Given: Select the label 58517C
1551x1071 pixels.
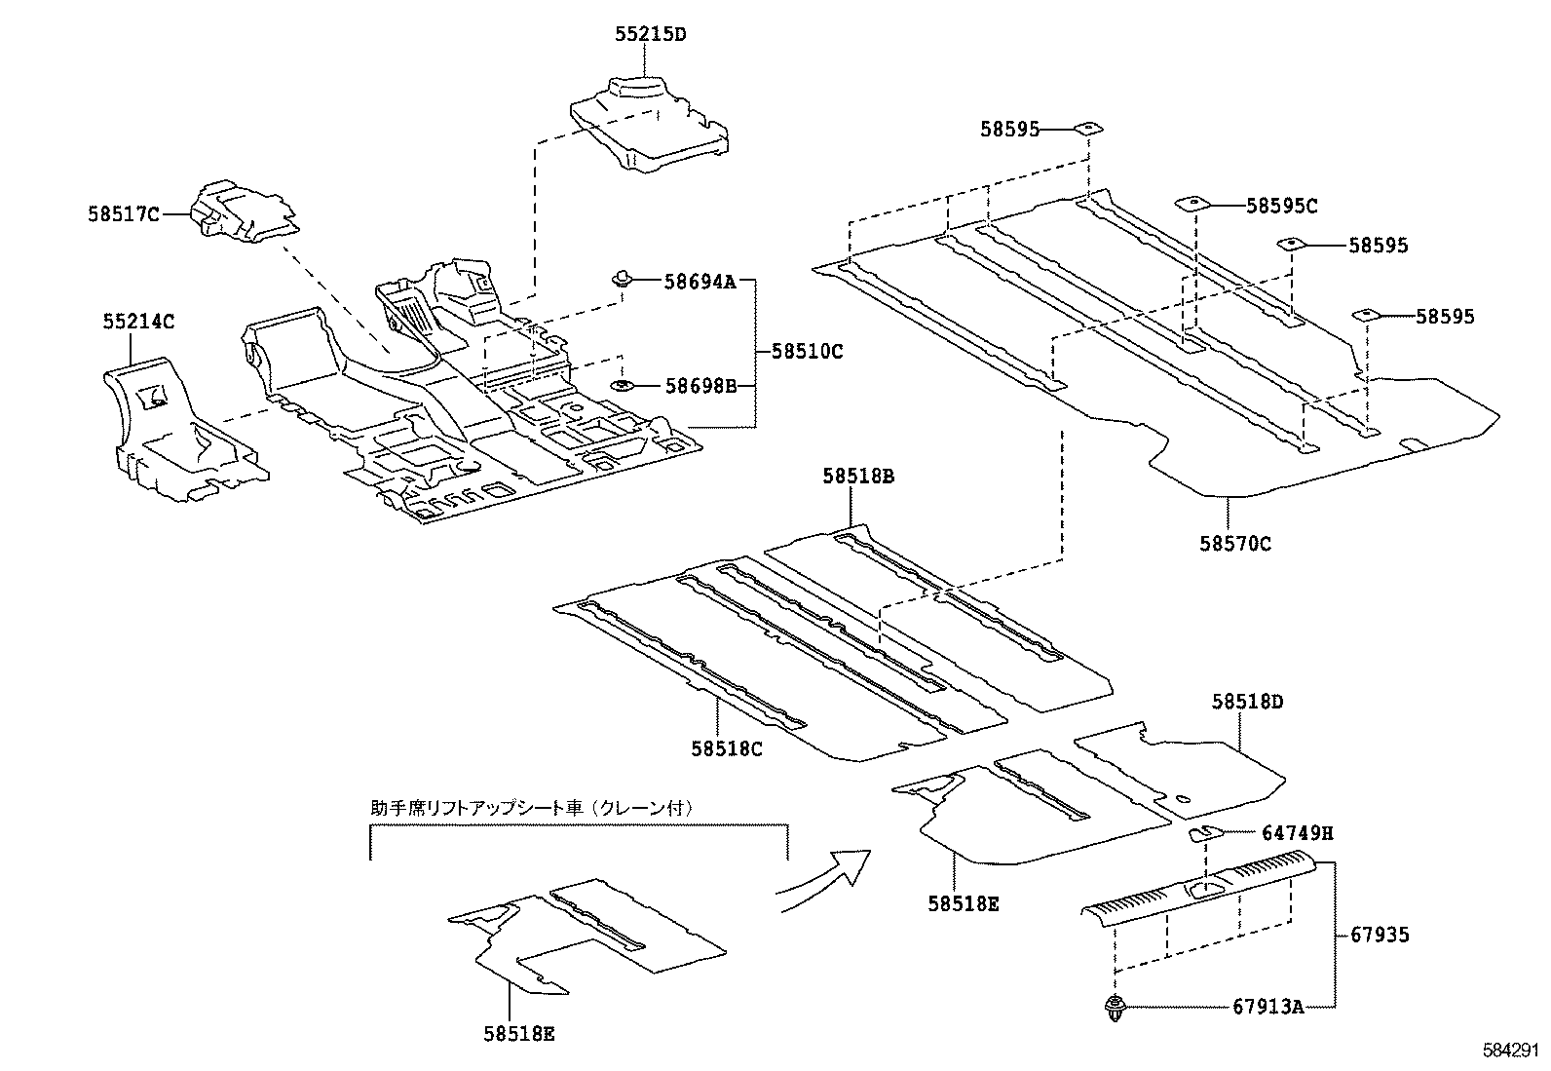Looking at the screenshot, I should click(x=123, y=214).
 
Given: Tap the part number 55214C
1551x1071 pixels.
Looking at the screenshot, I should click(x=139, y=321).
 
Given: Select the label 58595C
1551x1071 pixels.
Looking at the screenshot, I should click(x=1282, y=206).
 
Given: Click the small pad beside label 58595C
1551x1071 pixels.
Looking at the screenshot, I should click(x=1193, y=204).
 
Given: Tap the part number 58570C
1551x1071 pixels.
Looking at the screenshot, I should click(x=1234, y=544).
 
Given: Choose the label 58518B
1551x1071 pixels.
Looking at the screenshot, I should click(x=858, y=477).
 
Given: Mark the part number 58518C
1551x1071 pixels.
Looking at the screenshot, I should click(x=727, y=748).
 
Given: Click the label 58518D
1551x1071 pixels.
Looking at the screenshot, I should click(x=1248, y=702).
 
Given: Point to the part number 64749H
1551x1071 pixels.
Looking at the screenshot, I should click(x=1297, y=833).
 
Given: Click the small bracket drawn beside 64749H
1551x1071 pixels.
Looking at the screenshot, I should click(x=1205, y=833).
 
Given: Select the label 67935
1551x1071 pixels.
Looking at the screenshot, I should click(x=1380, y=936).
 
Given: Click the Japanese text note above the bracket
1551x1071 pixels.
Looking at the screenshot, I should click(x=531, y=808).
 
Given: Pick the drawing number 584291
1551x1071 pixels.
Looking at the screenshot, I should click(x=1510, y=1051).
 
